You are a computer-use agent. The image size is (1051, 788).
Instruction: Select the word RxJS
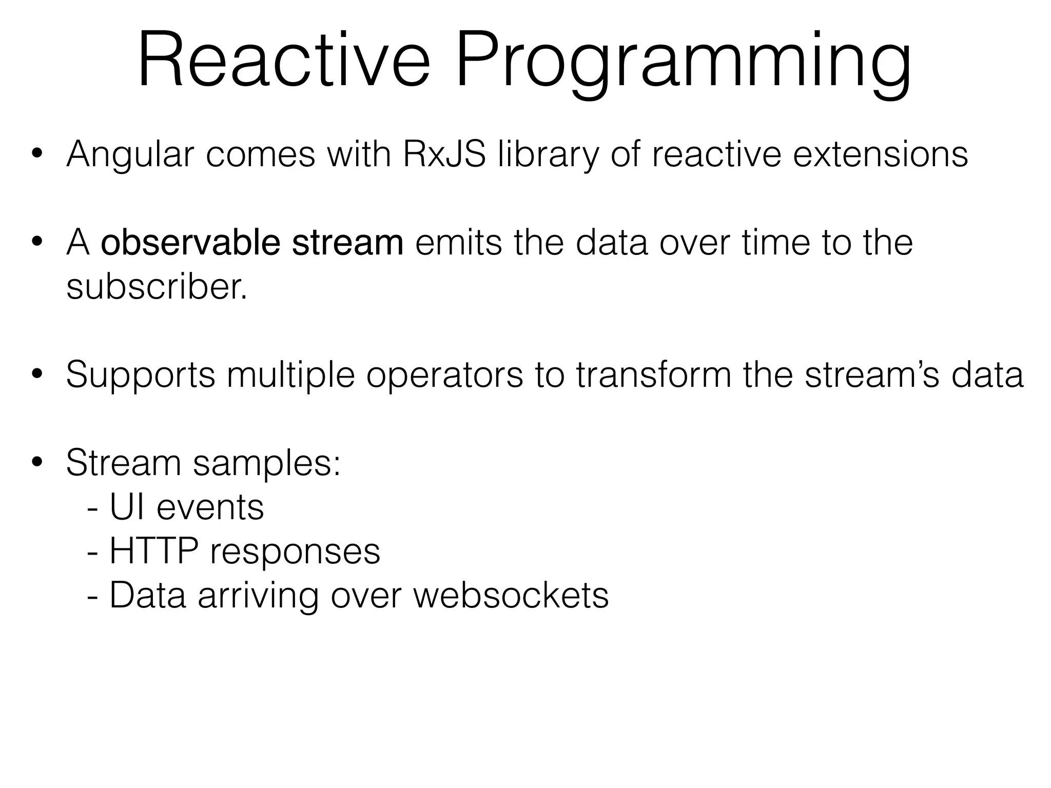[444, 154]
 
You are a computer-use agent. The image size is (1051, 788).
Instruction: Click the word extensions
[881, 154]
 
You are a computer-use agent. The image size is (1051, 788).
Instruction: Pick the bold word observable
[190, 242]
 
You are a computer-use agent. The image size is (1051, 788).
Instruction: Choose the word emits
[458, 242]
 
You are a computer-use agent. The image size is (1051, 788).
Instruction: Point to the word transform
[653, 375]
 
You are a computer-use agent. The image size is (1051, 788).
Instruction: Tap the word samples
[266, 463]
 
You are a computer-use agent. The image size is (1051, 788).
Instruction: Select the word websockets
[511, 595]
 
